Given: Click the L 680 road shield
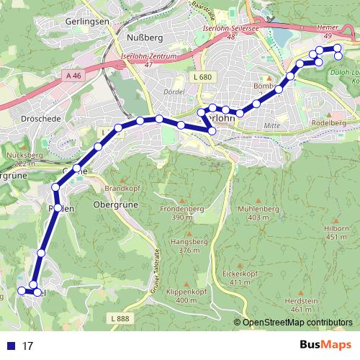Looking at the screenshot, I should coord(202,77).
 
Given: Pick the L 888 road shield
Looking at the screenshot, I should coord(121,318).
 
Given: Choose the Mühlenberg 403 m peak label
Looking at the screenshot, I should coord(252,212).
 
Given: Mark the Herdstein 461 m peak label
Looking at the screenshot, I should coord(302,305).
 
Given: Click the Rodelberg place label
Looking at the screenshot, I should coord(329,123).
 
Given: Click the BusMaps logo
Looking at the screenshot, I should coord(325,345).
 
